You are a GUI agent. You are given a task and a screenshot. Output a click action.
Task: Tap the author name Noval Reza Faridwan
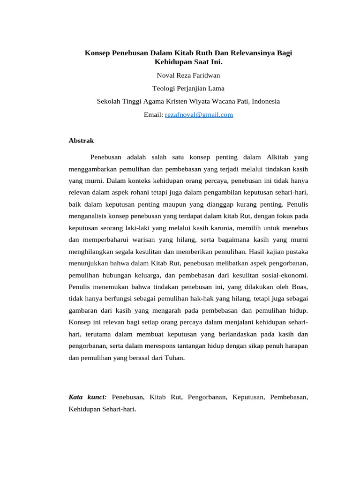click(x=188, y=75)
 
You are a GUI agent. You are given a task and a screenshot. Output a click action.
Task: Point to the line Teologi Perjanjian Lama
click(x=188, y=88)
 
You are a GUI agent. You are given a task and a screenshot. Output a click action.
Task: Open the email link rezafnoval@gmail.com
click(x=199, y=114)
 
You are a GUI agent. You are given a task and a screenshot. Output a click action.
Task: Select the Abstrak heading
click(x=82, y=141)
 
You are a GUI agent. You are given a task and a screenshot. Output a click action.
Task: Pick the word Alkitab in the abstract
click(x=280, y=157)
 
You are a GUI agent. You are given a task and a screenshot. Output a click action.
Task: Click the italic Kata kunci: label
click(x=88, y=397)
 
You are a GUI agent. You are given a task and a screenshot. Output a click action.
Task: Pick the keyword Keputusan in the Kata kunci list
click(x=248, y=397)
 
